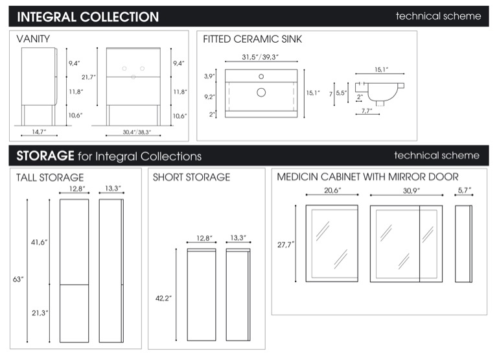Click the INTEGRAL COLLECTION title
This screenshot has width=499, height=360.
tap(88, 17)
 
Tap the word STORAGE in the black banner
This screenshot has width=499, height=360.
tap(45, 156)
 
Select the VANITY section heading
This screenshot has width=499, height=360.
tap(33, 39)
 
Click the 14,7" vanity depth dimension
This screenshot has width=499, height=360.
tap(39, 132)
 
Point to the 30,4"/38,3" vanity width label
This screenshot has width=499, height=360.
tap(137, 132)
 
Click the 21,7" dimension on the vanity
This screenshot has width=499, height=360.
tap(89, 77)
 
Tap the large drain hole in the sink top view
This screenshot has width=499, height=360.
tap(261, 92)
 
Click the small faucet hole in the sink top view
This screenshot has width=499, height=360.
tap(261, 77)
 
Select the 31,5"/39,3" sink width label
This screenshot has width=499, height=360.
tap(261, 57)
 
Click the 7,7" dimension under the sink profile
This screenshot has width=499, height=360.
tap(367, 110)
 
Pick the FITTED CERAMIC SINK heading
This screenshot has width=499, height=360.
tap(252, 39)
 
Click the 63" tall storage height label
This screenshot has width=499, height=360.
tap(18, 280)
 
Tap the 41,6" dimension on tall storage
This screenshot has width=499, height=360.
tap(39, 243)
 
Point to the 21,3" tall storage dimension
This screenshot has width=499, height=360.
tap(40, 313)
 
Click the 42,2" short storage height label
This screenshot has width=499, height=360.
tap(163, 298)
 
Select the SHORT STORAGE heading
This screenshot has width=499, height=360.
tap(192, 177)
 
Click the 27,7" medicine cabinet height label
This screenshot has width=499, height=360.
tap(286, 245)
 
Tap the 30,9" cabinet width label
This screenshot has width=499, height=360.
tap(412, 191)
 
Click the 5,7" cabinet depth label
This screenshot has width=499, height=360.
tap(465, 190)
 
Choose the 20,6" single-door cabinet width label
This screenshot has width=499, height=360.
tap(332, 191)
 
